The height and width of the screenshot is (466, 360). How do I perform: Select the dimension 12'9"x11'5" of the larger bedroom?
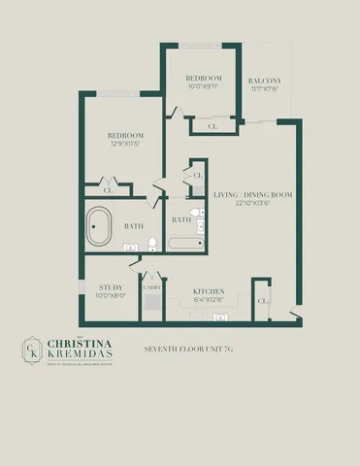pos(126,143)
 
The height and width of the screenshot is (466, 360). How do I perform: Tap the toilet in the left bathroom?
pos(152,256)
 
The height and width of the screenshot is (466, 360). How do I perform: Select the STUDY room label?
pos(110,287)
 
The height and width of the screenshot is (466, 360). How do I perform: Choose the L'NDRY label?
pos(152,288)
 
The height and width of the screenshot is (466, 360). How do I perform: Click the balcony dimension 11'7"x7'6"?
pos(264,88)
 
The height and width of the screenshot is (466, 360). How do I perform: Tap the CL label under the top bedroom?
pos(213,124)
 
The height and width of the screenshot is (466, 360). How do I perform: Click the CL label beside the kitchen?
pos(262,301)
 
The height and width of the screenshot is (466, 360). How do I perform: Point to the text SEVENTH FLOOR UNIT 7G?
pos(188,348)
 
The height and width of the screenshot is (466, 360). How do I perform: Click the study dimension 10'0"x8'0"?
pos(110,296)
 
